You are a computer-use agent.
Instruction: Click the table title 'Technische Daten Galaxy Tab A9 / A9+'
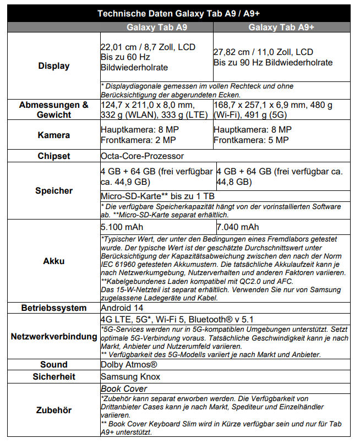(x=179, y=13)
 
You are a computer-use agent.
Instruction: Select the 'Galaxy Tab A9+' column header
(x=281, y=27)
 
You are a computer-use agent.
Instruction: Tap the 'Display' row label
(x=54, y=66)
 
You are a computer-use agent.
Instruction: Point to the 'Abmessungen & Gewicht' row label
(x=54, y=109)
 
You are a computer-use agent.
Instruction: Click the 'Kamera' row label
(x=54, y=135)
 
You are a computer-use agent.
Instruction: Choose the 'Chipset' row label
(x=54, y=156)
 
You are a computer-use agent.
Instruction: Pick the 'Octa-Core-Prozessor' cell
(x=142, y=156)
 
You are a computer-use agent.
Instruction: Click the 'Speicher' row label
(x=54, y=191)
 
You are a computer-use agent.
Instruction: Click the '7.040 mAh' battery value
(x=238, y=227)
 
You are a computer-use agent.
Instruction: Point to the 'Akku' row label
(x=54, y=261)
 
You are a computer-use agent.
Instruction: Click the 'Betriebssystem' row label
(x=54, y=308)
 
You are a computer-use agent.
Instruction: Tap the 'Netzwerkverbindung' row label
(x=54, y=336)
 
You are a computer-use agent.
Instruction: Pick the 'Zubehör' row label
(x=54, y=410)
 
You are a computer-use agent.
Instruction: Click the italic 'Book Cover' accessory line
(x=124, y=389)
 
